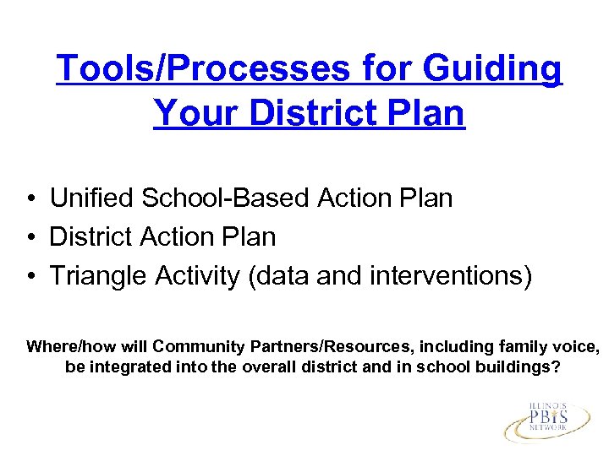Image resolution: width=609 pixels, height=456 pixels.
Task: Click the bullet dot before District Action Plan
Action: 30,238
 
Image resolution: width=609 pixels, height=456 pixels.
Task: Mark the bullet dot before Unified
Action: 30,198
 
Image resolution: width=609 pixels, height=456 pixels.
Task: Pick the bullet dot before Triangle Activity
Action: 30,277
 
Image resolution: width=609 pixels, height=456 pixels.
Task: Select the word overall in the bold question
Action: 261,368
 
